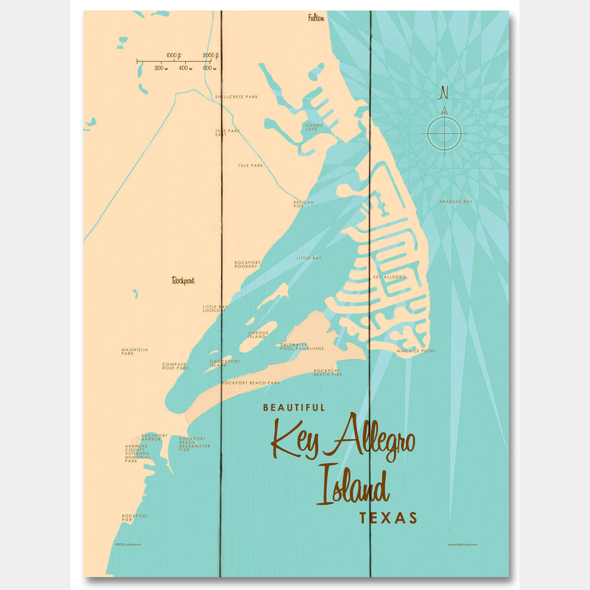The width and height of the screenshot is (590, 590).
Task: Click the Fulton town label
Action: pyautogui.click(x=316, y=19)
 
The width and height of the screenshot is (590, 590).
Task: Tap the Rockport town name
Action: pyautogui.click(x=183, y=281)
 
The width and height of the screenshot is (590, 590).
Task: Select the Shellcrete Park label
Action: pyautogui.click(x=236, y=97)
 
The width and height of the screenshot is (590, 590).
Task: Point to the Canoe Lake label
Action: pyautogui.click(x=314, y=127)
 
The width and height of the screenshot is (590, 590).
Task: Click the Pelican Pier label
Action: pyautogui.click(x=303, y=204)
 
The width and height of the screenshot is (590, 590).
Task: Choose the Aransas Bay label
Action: pyautogui.click(x=456, y=202)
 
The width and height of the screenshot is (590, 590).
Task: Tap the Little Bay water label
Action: pyautogui.click(x=309, y=258)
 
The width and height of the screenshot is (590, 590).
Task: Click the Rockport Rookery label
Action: pyautogui.click(x=247, y=265)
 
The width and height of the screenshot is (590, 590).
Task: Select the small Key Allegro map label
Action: pyautogui.click(x=389, y=277)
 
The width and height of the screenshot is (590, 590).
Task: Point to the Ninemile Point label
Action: pyautogui.click(x=416, y=351)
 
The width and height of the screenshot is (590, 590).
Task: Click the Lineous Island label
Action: pyautogui.click(x=258, y=335)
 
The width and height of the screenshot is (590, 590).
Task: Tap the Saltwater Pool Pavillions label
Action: pyautogui.click(x=302, y=347)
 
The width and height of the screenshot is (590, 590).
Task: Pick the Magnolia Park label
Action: pyautogui.click(x=134, y=352)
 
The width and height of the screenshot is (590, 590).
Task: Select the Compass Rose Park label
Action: pyautogui.click(x=176, y=366)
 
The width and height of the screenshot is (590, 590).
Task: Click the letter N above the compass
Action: pyautogui.click(x=444, y=92)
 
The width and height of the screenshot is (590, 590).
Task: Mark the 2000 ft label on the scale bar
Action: pyautogui.click(x=210, y=55)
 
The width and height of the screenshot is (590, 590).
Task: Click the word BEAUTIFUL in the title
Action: pyautogui.click(x=294, y=408)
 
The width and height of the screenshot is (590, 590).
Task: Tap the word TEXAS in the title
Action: pyautogui.click(x=388, y=518)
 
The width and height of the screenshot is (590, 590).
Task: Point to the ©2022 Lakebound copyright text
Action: pyautogui.click(x=127, y=544)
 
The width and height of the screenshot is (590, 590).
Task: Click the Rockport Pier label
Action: pyautogui.click(x=135, y=518)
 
